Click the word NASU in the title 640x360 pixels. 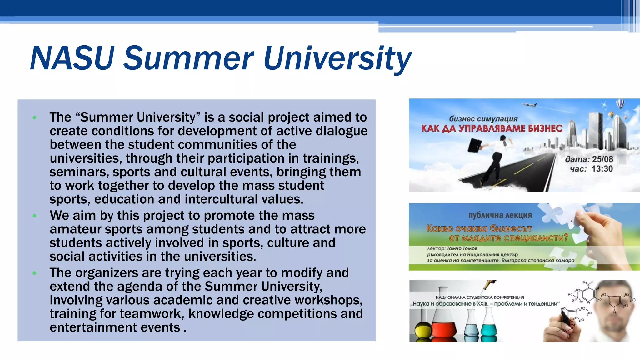72,58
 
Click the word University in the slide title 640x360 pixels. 337,58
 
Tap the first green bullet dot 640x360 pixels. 34,118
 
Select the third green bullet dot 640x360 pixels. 34,273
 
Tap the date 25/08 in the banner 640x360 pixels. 602,159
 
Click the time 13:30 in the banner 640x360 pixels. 602,169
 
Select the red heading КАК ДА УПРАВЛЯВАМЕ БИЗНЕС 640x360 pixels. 492,128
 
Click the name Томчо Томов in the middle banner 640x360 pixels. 462,249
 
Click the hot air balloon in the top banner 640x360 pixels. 620,103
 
